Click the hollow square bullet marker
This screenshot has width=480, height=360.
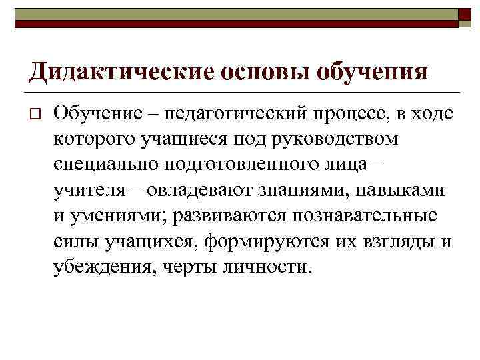click(x=36, y=115)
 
